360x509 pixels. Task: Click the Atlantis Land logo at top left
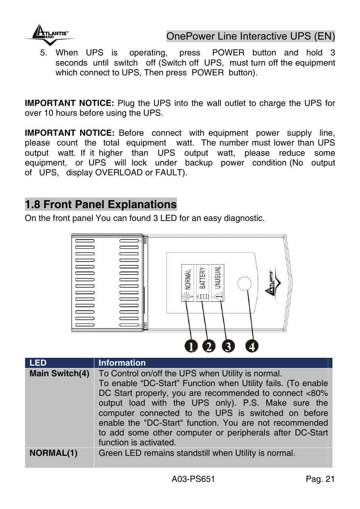click(49, 34)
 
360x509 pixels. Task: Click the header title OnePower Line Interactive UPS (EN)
click(250, 36)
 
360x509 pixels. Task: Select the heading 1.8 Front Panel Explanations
click(101, 204)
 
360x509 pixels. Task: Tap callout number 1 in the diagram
click(191, 346)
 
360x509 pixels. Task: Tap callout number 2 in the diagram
click(209, 346)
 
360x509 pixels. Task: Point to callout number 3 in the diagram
click(228, 346)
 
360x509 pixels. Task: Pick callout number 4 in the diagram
click(252, 346)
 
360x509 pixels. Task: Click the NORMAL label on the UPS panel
click(188, 279)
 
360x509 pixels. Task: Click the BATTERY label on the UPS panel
click(203, 278)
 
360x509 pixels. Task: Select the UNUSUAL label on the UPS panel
click(217, 277)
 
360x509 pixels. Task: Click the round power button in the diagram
click(245, 284)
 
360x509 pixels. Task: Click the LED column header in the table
click(38, 363)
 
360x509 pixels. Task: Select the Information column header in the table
click(122, 363)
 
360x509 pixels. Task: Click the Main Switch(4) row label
click(59, 373)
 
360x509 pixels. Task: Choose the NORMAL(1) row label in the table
click(53, 453)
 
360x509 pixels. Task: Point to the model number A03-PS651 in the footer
click(193, 479)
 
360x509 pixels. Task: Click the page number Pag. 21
click(320, 479)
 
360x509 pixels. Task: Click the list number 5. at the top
click(44, 53)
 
